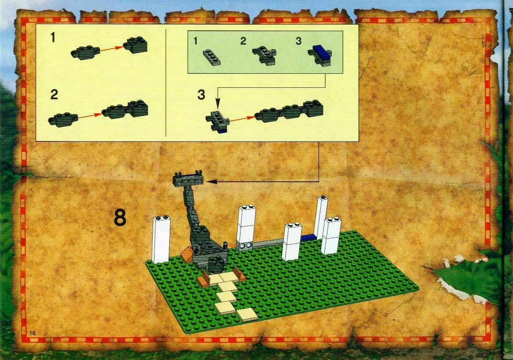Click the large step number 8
click(120, 218)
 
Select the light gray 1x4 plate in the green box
click(211, 57)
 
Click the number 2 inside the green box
click(243, 41)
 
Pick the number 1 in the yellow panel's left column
click(53, 38)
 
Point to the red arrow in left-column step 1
click(111, 49)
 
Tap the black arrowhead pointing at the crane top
click(212, 181)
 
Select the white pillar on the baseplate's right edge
click(331, 236)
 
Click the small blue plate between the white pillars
click(308, 238)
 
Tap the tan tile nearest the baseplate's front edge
click(248, 314)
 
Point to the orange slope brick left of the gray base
click(187, 254)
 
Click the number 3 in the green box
click(298, 41)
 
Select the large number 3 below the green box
click(201, 94)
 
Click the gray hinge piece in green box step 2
click(264, 55)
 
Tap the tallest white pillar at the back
click(321, 218)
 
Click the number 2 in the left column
click(54, 94)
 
